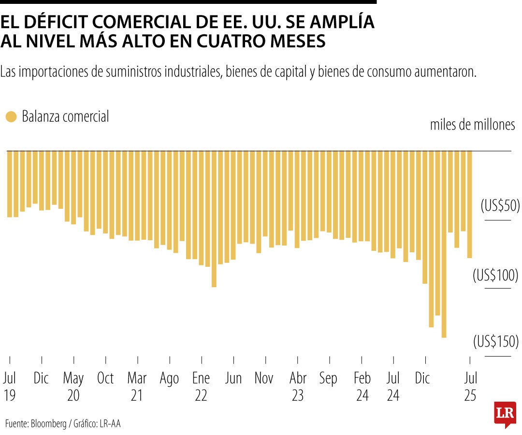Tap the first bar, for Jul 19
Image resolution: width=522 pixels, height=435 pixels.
coord(10,184)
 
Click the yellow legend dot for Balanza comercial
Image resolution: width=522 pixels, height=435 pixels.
coord(11,117)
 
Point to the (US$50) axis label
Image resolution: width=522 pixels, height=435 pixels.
coord(500,206)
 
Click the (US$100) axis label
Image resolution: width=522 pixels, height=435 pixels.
coord(495,276)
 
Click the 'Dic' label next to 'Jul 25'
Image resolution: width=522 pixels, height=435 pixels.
coord(422,378)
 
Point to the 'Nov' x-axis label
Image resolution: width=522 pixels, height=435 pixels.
coord(264,378)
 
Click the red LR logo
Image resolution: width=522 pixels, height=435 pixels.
coord(505,413)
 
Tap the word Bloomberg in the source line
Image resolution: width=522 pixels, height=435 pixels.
coord(49,424)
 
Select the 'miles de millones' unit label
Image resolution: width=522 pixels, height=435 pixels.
coord(472,125)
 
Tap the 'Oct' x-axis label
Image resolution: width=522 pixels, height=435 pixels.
coord(105,378)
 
